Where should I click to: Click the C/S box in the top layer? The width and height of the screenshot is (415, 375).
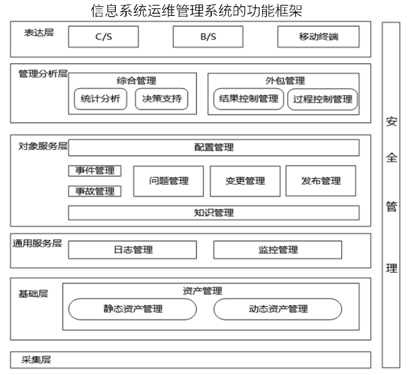103,37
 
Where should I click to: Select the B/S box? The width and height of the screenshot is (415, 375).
208,37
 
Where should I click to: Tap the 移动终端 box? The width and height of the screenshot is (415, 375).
318,37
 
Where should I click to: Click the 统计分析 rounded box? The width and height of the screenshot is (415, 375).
100,99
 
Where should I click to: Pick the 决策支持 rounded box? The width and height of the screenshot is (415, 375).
162,99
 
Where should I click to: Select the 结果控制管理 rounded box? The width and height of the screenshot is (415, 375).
249,99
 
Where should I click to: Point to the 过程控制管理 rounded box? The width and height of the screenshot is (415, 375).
322,99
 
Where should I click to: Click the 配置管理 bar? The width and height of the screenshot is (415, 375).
214,148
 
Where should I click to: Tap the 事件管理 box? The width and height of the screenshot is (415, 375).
95,171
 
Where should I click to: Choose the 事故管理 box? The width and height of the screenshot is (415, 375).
95,191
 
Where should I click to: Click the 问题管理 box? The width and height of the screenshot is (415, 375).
169,181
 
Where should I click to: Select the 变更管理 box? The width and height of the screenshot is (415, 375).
245,181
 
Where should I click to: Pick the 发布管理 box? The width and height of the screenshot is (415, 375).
321,181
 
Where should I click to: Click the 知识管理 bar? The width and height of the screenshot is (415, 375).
214,213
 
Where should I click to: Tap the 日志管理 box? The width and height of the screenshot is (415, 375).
132,250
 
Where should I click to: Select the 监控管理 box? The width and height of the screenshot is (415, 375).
278,250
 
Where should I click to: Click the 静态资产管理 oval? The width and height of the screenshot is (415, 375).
132,309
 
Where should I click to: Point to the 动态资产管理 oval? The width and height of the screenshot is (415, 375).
278,309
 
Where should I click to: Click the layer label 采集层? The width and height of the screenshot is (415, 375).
36,360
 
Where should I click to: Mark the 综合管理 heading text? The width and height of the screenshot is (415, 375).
136,81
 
